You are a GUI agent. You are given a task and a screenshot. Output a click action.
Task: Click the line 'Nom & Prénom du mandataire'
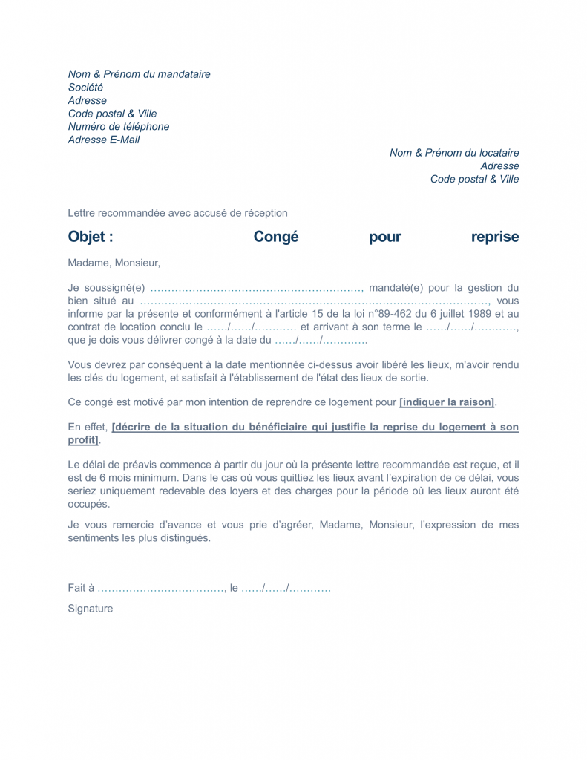point(139,74)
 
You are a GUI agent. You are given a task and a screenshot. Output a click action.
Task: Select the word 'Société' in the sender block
point(85,88)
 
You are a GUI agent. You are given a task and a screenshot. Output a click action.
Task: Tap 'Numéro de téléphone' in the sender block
point(118,127)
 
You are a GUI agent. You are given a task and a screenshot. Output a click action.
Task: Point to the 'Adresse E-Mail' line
point(103,140)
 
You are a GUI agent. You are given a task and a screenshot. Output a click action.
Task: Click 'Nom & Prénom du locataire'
point(454,153)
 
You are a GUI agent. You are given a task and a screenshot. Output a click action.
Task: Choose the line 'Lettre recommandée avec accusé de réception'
point(177,213)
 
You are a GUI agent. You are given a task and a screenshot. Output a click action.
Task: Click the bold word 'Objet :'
point(91,237)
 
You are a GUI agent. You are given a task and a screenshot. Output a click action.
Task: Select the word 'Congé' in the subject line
point(276,237)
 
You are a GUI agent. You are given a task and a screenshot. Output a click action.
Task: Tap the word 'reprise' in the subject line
point(495,237)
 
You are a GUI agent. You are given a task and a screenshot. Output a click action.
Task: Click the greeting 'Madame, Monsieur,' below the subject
point(114,263)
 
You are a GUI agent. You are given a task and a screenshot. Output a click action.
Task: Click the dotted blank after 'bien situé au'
point(314,301)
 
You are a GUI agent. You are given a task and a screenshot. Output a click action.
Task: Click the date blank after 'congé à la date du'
point(321,341)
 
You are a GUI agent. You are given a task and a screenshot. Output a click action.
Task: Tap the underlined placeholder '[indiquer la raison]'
point(447,402)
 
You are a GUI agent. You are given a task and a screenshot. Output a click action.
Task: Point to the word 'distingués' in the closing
point(185,538)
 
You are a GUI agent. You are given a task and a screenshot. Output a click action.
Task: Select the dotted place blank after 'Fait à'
point(160,588)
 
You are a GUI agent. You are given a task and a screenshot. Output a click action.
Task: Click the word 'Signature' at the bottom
point(90,609)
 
